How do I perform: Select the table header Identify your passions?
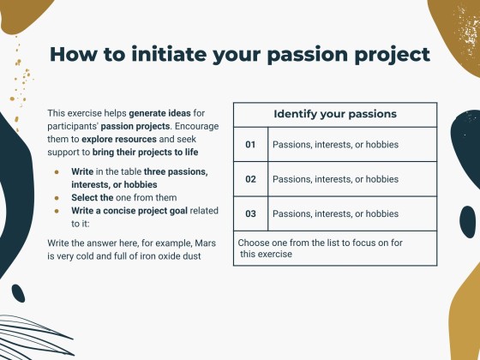point(335,114)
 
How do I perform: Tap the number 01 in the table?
point(251,145)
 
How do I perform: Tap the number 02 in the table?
point(251,179)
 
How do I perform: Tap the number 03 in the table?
point(251,213)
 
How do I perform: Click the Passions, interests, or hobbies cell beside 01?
point(335,145)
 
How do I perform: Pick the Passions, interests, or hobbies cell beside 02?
point(335,179)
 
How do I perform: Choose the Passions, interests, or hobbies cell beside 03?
point(335,213)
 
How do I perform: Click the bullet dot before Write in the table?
point(57,171)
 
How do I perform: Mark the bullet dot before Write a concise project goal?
point(57,211)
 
